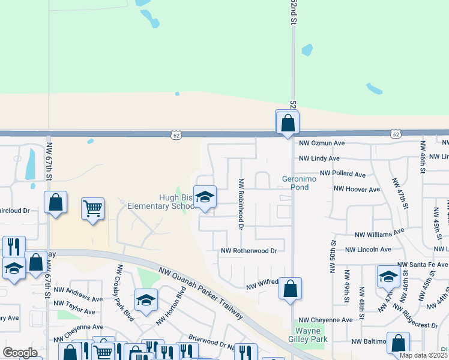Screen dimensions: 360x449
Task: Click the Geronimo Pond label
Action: coord(295,182)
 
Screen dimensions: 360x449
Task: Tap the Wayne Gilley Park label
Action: coord(311,335)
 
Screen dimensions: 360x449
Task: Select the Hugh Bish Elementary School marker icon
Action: coord(205,198)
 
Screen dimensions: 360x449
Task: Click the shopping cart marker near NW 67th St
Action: coord(92,209)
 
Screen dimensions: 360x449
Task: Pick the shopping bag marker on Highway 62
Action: coord(288,123)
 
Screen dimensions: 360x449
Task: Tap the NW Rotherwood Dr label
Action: coord(249,251)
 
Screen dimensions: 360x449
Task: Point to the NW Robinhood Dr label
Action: coord(241,204)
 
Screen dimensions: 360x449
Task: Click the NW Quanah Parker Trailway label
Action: coord(201,293)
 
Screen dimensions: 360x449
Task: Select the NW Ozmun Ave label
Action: coord(322,143)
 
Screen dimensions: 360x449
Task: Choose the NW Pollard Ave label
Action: coord(342,174)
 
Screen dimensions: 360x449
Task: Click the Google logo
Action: coord(20,353)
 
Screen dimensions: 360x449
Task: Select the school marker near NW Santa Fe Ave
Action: coord(388,277)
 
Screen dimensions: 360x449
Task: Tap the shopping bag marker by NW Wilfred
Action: coord(290,289)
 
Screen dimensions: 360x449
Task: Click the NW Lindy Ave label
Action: coord(319,158)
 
